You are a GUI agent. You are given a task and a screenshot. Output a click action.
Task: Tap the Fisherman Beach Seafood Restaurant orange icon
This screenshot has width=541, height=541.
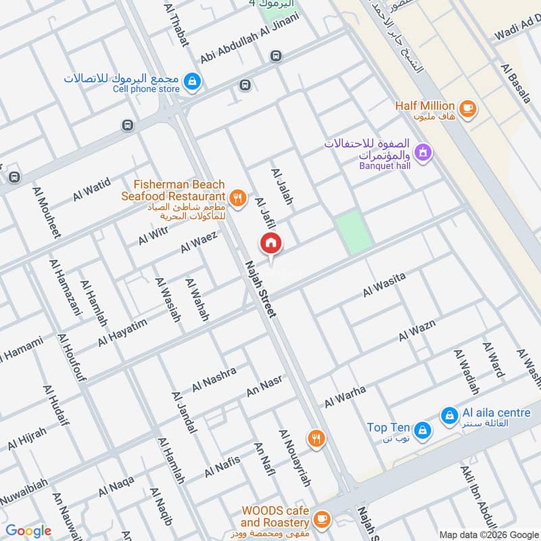pos(237,197)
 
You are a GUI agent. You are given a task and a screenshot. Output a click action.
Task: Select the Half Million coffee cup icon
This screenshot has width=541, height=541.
pos(466,108)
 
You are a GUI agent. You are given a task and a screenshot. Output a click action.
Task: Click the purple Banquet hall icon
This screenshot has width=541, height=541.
pos(423,153)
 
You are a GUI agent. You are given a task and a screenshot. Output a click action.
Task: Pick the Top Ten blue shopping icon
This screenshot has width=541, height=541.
pos(422,429)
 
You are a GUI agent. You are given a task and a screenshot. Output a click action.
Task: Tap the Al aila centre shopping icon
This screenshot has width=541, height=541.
pos(448,416)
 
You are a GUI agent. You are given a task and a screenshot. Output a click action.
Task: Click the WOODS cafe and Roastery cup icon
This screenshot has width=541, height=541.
pos(322,519)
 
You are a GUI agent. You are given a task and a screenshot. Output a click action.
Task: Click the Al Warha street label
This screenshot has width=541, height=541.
pos(345,396)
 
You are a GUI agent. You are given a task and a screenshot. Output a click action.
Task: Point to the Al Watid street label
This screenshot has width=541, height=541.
pos(91,191)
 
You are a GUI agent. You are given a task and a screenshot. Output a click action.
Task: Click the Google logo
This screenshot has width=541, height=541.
pos(29,531)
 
